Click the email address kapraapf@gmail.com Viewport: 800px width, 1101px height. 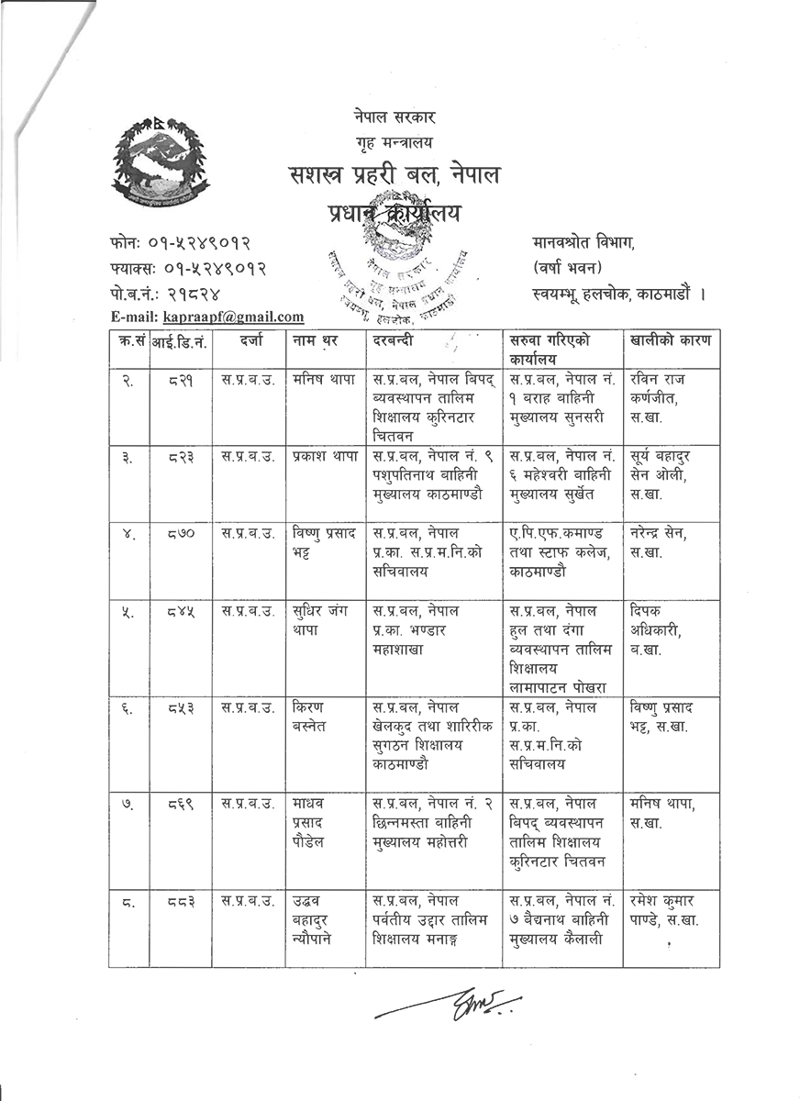click(233, 317)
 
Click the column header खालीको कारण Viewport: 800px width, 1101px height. click(670, 341)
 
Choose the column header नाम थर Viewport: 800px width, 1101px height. click(316, 341)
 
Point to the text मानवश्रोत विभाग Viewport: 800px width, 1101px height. click(582, 244)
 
